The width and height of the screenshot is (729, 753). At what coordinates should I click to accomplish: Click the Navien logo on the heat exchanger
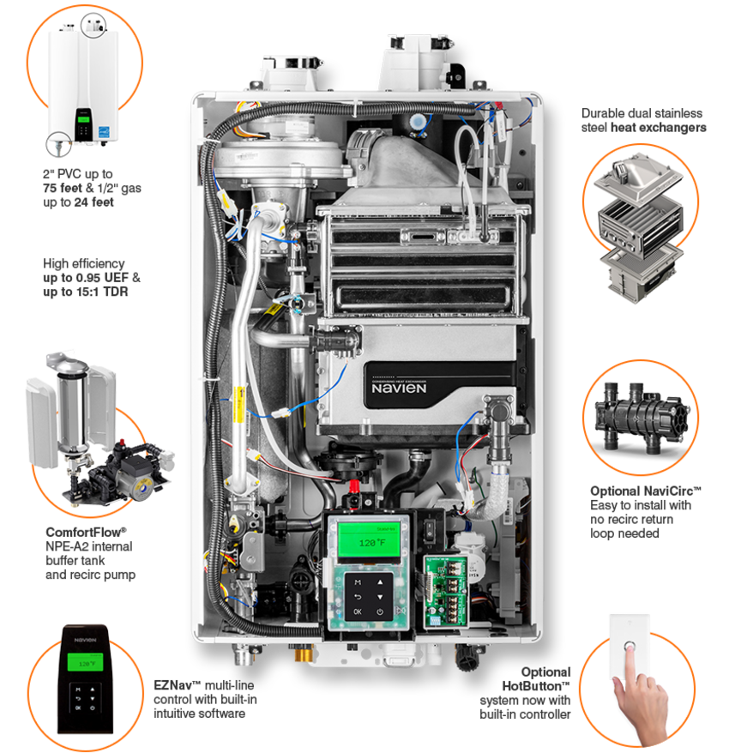pos(399,388)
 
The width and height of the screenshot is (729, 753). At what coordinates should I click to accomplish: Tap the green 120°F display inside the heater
pos(370,541)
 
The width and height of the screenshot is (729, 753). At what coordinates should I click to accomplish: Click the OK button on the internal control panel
pos(358,611)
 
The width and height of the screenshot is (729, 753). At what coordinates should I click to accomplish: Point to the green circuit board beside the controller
pos(446,591)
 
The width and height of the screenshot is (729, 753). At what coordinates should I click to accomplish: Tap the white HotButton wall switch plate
pos(630,647)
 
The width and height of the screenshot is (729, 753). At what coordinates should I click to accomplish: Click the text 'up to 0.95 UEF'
pos(86,278)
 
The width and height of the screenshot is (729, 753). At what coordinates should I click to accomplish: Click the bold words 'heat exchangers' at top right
pos(658,127)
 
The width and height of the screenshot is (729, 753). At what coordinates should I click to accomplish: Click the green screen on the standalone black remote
pos(85,662)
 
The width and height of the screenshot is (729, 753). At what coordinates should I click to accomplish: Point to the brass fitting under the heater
pos(304,654)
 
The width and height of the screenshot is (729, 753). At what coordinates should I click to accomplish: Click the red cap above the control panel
pos(354,486)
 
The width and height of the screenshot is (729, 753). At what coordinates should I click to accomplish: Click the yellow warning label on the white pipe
pos(238,404)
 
